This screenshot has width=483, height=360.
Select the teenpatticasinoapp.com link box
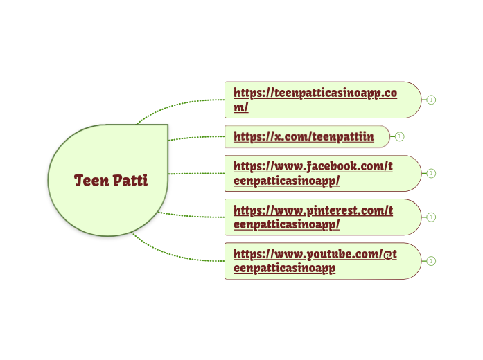coord(323,100)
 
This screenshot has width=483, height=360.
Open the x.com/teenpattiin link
coord(304,137)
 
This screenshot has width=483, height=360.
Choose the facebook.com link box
coord(323,173)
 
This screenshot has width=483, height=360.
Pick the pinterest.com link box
coord(323,217)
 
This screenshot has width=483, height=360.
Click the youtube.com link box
coord(323,261)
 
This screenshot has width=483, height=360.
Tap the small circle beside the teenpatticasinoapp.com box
coord(431,100)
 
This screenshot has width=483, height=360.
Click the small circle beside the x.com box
coord(399,136)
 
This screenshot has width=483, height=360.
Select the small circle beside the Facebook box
coord(431,173)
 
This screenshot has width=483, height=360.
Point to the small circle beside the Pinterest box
coord(431,217)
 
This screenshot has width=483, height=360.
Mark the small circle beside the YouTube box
coord(431,261)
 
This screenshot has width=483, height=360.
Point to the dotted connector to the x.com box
coord(197,137)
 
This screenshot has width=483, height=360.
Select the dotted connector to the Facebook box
coord(197,174)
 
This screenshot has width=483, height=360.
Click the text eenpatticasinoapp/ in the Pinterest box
coord(286,224)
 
